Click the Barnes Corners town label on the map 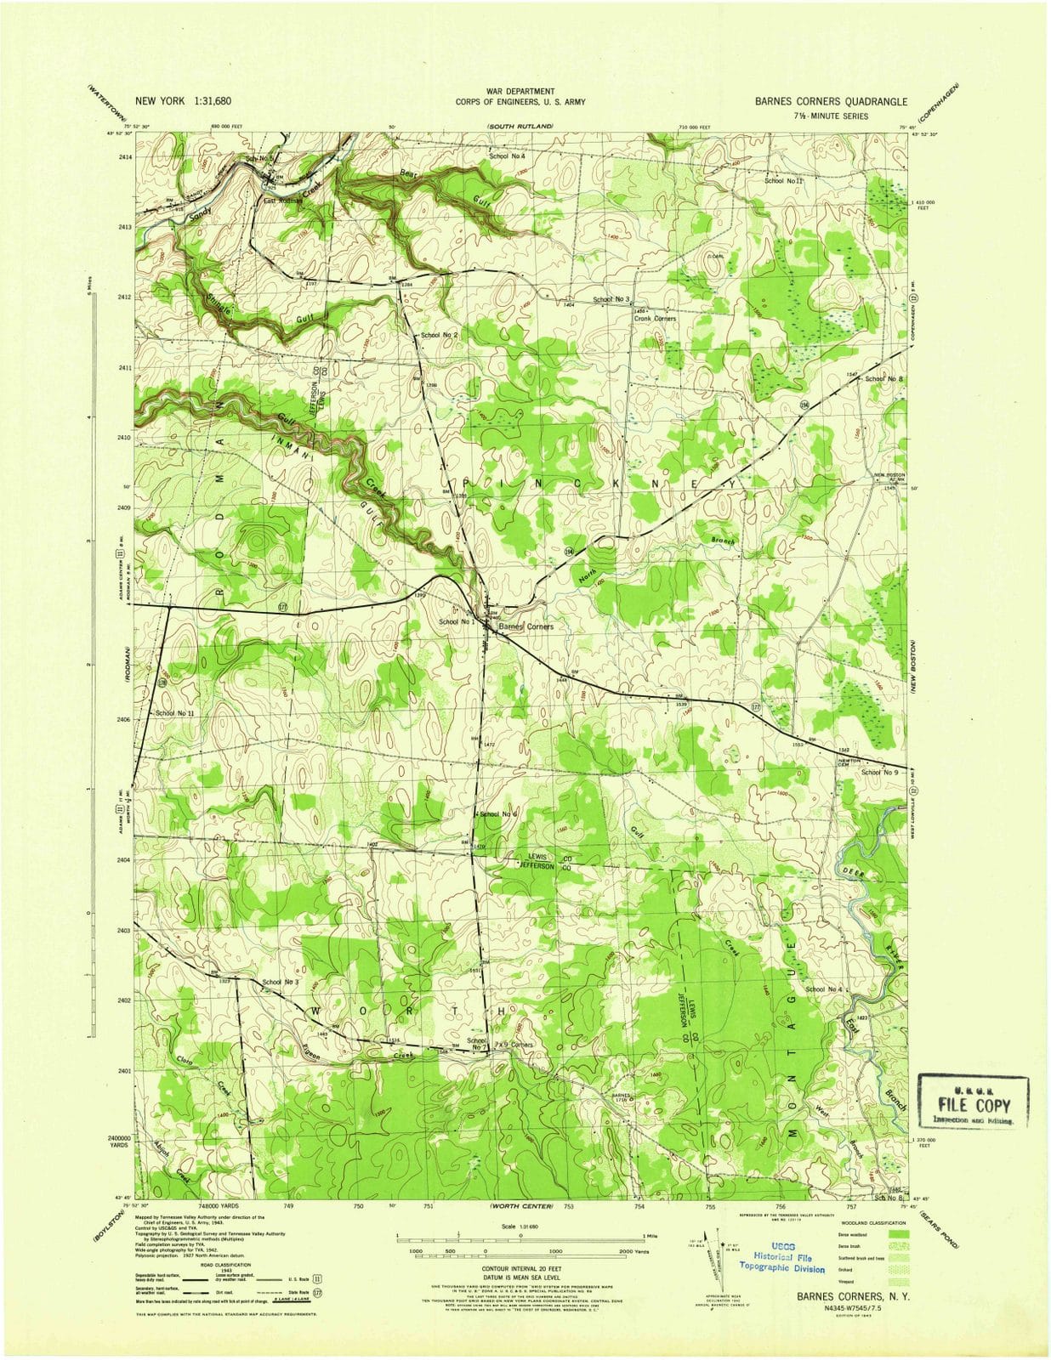coord(525,626)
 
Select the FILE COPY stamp coord(974,1105)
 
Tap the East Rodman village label coord(281,201)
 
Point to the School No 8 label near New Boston coord(883,378)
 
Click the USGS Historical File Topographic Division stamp coord(781,1263)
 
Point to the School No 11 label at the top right coord(783,180)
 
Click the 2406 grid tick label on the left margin coord(125,719)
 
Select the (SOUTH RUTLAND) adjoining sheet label coord(520,126)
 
